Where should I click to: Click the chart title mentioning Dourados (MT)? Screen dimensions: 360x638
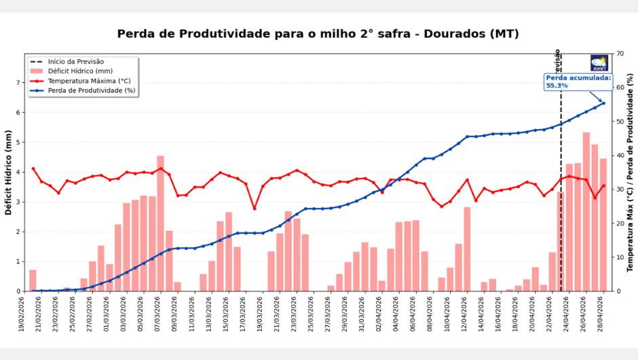[318, 34]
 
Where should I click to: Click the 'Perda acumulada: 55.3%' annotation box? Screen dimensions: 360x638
[578, 82]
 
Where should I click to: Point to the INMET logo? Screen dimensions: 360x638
[599, 63]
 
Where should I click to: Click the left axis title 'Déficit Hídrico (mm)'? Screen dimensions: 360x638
[9, 173]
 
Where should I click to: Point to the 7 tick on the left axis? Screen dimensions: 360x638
[18, 83]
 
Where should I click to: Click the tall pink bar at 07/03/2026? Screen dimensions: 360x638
[161, 224]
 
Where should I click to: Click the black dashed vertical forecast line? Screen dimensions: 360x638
[561, 204]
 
